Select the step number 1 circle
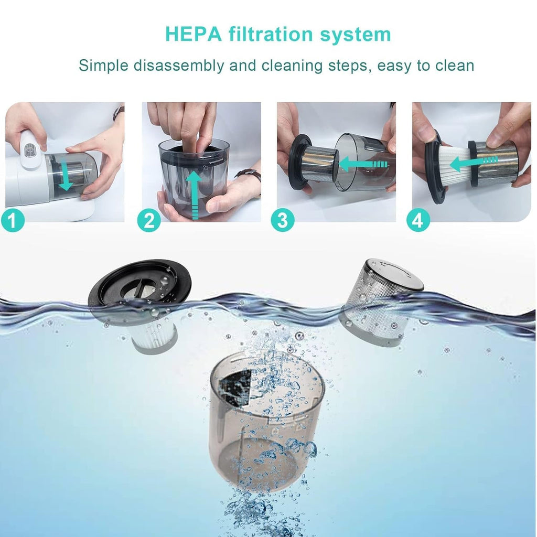click(x=13, y=221)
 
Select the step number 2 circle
click(x=148, y=221)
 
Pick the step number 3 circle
click(x=283, y=221)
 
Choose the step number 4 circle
click(x=417, y=221)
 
